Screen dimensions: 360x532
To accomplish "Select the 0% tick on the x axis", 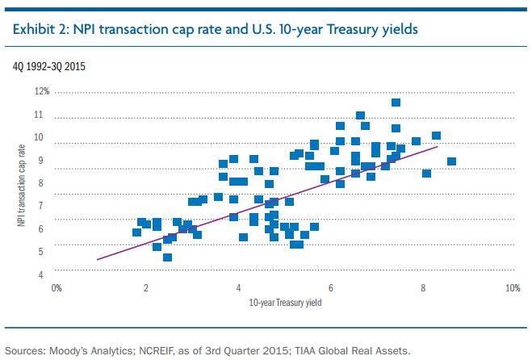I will pos(57,287).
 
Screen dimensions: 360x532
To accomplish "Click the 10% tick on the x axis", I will pos(512,287).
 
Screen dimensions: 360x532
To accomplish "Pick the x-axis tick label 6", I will pos(331,287).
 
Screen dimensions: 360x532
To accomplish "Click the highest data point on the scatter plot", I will pos(396,103).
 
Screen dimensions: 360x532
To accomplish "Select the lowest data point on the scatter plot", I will pos(167,257).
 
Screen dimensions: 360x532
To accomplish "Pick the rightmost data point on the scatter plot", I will pos(451,161).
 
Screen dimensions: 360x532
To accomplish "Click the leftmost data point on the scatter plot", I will pos(136,232).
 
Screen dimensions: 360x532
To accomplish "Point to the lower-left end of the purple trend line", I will pos(97,259).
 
